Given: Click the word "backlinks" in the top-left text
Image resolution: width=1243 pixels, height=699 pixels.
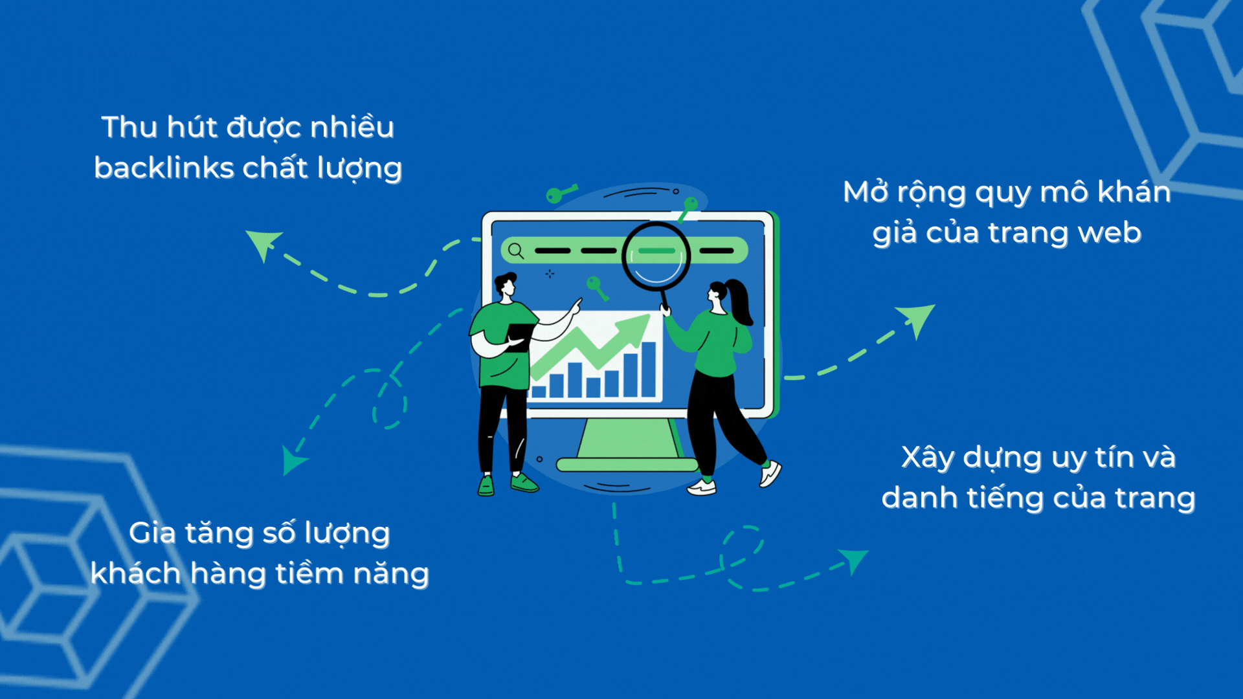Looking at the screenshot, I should point(164,168).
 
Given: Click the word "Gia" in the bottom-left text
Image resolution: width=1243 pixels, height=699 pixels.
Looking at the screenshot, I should point(152,533).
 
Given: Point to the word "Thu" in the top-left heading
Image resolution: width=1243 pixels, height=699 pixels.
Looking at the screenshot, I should point(129,127).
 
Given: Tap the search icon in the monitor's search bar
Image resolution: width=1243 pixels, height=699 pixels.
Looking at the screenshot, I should point(516,250).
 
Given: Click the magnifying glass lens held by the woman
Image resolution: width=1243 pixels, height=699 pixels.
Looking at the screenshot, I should point(656,256).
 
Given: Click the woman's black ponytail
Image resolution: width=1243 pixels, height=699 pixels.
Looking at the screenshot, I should point(741,301).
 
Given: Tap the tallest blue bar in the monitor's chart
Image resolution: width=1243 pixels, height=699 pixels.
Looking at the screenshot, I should point(649,369).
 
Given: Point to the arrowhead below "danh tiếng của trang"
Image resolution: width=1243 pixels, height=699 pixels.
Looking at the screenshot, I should point(853,558).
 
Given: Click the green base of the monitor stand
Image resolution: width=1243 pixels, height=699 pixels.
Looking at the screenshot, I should point(627,464).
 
